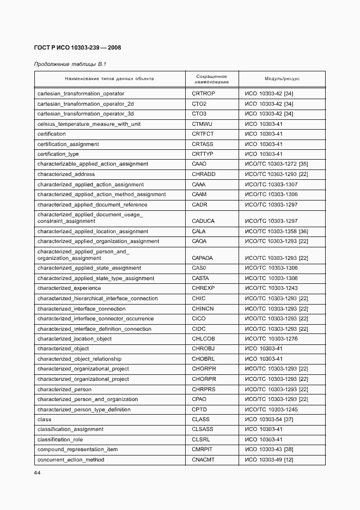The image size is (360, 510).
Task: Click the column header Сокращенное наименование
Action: [211, 79]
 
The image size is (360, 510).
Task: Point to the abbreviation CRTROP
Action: [203, 94]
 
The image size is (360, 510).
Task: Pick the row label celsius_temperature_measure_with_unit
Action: [89, 124]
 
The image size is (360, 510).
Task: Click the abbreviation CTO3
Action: [199, 114]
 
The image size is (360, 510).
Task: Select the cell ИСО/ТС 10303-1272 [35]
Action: [277, 164]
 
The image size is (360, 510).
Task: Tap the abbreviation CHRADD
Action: [204, 174]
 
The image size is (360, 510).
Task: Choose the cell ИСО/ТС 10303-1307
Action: [271, 185]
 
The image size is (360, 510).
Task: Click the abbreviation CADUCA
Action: [203, 221]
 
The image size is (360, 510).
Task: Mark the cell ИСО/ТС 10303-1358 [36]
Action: [277, 232]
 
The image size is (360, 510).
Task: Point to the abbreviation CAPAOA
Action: [203, 258]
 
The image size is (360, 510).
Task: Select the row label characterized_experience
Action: [69, 288]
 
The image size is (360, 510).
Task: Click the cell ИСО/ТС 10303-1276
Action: [271, 339]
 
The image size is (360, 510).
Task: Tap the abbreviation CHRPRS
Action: [204, 390]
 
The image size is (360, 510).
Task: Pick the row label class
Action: [44, 420]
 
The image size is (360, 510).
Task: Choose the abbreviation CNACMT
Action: [203, 460]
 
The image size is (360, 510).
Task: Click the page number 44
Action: [37, 472]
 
